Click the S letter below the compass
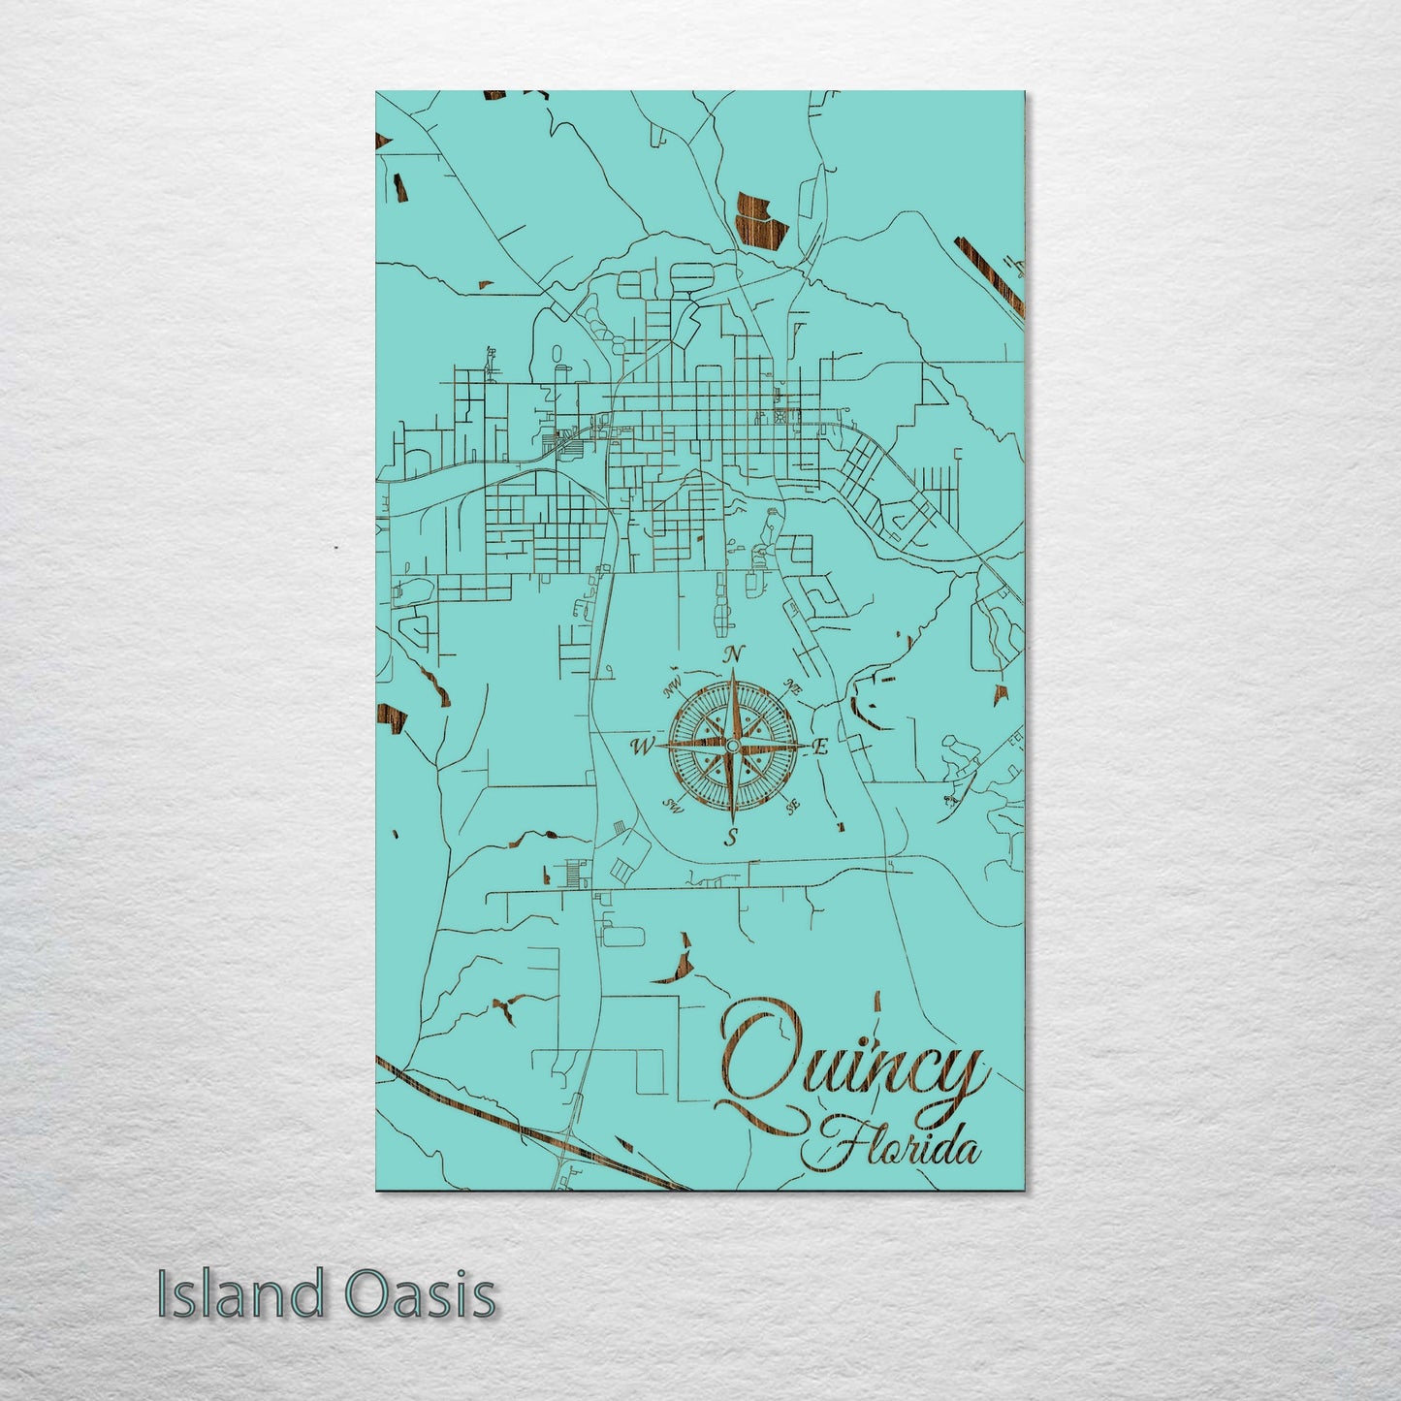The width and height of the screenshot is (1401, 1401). pos(733,836)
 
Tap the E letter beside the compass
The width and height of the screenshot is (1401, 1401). pos(819,748)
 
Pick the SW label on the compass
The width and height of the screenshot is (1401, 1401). pos(671,806)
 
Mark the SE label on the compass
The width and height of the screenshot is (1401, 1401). pos(792,805)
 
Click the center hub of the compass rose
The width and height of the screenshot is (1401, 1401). pos(733,745)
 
